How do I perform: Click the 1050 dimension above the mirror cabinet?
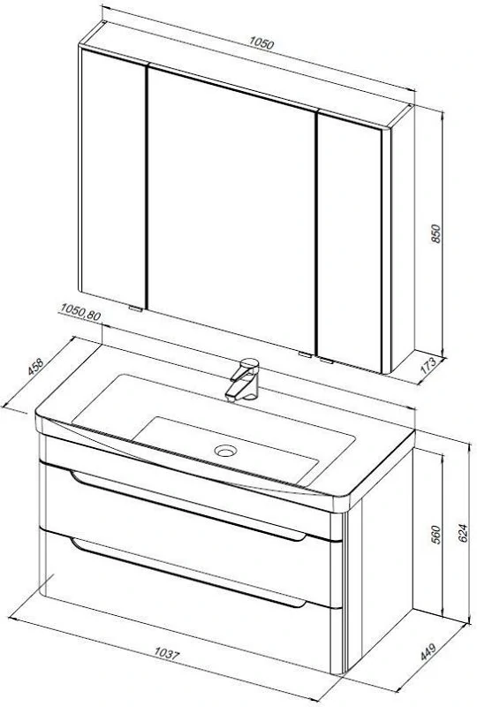[x=261, y=42]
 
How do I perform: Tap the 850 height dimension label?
[x=436, y=233]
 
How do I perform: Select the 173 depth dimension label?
[x=428, y=366]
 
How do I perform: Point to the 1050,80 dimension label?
[x=80, y=312]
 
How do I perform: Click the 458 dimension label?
[x=35, y=366]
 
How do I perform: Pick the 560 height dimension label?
[x=436, y=535]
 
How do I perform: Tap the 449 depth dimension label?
[x=428, y=651]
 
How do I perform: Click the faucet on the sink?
[x=244, y=380]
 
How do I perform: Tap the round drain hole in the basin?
[x=225, y=450]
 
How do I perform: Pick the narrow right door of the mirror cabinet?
[x=350, y=242]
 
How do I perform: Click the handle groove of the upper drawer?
[x=188, y=506]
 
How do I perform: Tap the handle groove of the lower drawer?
[x=188, y=573]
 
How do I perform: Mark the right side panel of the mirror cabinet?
[x=402, y=239]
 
